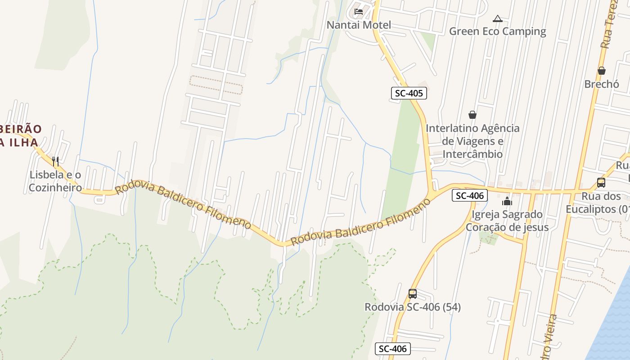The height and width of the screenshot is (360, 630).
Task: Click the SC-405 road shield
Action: tap(408, 93)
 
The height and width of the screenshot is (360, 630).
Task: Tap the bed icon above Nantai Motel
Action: tap(359, 11)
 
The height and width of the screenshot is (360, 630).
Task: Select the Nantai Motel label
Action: tap(359, 25)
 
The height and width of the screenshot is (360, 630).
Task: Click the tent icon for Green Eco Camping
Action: tap(497, 18)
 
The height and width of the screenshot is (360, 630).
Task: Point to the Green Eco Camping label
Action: tap(497, 31)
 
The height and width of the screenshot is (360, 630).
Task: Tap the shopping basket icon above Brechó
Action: tap(602, 71)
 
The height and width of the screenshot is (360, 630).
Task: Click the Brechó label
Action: tap(602, 84)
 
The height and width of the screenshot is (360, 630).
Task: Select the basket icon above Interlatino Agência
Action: tap(472, 115)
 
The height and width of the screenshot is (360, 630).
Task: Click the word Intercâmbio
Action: tap(472, 154)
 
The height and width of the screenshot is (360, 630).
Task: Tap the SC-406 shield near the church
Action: tap(470, 195)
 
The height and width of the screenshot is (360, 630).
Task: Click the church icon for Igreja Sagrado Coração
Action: tap(507, 201)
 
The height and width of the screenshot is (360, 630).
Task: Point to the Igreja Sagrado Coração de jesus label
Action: tap(507, 220)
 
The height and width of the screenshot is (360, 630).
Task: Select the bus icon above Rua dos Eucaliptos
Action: tap(601, 183)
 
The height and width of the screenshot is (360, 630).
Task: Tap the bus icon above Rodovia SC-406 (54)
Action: tap(413, 294)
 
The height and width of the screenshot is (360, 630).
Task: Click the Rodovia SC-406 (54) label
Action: tap(413, 307)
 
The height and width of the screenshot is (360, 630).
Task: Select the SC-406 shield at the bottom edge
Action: tap(392, 349)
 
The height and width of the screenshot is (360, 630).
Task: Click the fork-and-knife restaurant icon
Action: tap(55, 161)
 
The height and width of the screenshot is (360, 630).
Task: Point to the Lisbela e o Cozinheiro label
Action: tap(55, 181)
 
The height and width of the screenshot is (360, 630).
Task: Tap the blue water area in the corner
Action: tap(614, 333)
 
